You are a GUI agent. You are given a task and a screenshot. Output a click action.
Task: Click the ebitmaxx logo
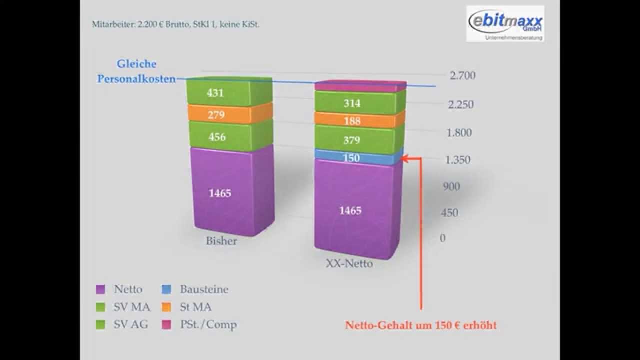click(x=505, y=23)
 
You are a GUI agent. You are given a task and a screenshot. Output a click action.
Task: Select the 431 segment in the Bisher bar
click(x=229, y=92)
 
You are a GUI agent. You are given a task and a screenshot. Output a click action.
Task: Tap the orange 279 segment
click(x=229, y=115)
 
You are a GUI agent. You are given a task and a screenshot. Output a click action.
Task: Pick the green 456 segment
click(x=229, y=137)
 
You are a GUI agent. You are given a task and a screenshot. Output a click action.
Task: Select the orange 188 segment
click(x=359, y=121)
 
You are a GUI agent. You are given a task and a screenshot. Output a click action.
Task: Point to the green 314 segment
click(x=359, y=103)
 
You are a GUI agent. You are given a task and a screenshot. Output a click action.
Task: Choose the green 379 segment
click(x=358, y=140)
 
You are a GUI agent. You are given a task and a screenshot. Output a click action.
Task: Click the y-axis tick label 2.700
click(x=462, y=76)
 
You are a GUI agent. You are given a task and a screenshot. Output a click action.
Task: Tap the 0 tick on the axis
click(x=442, y=238)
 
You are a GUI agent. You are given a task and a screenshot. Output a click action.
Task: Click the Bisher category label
click(x=221, y=241)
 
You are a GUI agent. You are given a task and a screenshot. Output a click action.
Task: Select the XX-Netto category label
click(x=349, y=263)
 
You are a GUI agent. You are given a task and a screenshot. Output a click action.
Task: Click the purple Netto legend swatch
click(x=100, y=289)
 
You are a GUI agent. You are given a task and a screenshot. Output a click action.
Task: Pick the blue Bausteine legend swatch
click(x=167, y=289)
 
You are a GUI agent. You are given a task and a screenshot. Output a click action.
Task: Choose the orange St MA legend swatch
click(x=167, y=307)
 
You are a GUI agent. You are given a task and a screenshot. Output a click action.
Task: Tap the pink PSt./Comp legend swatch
click(x=167, y=324)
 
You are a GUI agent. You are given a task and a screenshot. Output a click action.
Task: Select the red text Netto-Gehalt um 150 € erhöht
click(x=421, y=325)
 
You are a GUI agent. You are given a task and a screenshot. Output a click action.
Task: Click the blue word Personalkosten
click(x=136, y=79)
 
